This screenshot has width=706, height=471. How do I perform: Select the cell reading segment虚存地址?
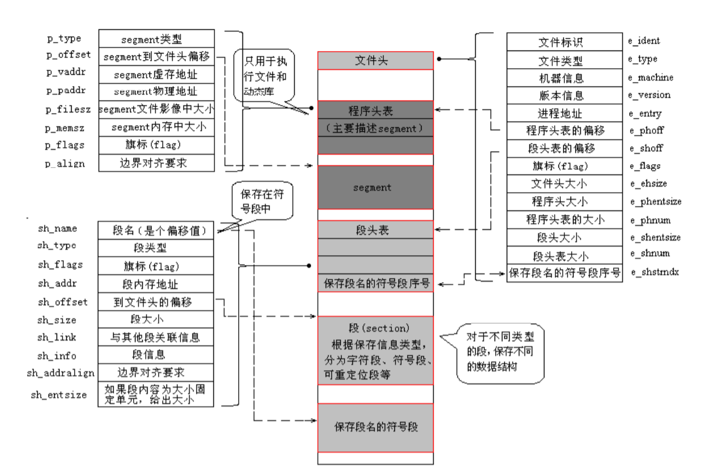coord(156,75)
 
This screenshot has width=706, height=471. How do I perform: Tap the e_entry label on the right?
coord(646,113)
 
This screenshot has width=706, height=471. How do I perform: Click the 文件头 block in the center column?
coord(375,61)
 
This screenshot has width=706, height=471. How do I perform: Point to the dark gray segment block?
coord(375,188)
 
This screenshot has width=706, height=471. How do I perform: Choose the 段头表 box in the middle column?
coord(375,230)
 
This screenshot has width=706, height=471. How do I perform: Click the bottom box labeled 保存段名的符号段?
coord(375,427)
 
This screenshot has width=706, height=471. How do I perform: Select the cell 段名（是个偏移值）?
coord(156,230)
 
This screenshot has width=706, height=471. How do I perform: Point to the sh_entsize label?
coord(58,394)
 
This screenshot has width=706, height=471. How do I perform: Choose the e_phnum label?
coord(648,219)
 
